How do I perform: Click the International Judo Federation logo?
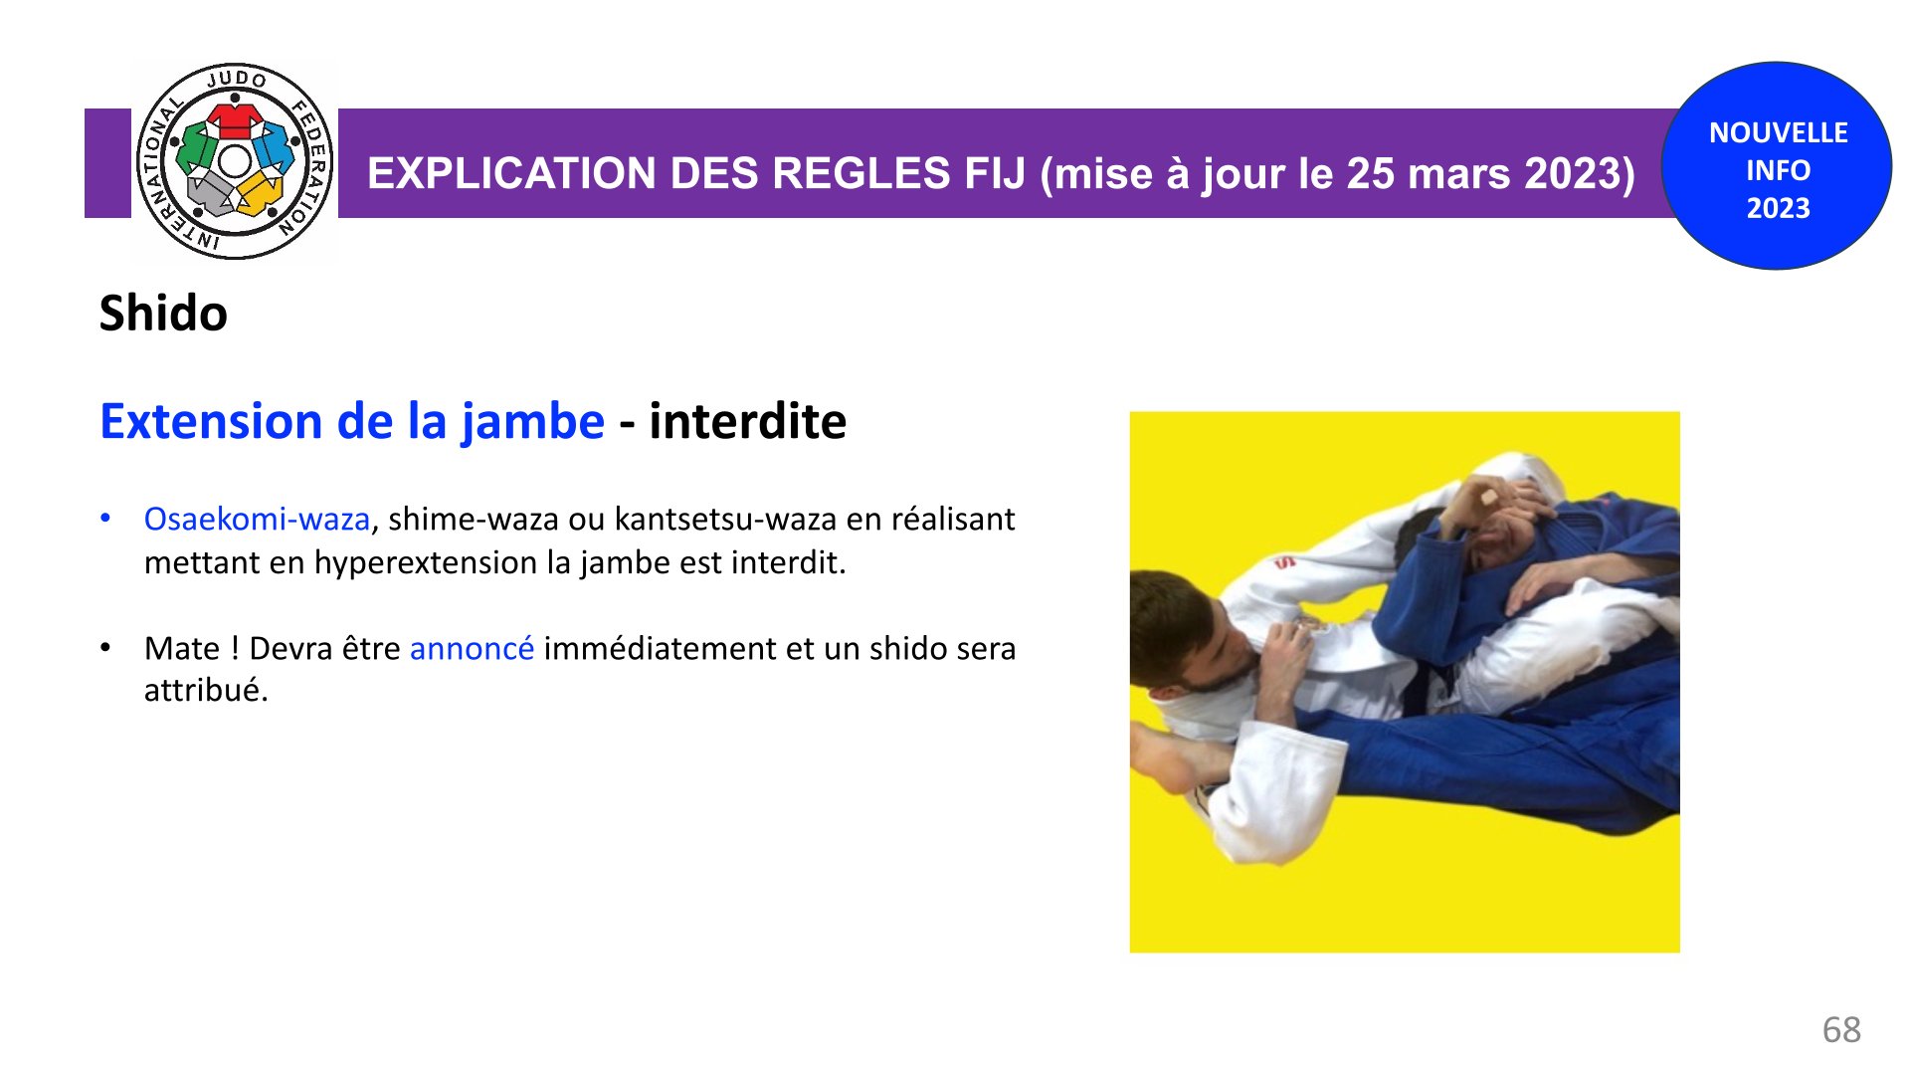coord(235,161)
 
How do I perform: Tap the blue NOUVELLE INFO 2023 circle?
coord(1778,166)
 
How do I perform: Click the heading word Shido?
coord(163,314)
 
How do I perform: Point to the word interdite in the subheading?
coord(747,421)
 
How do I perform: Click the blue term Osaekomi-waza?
coord(257,519)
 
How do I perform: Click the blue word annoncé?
coord(472,649)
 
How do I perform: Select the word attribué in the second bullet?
coord(206,690)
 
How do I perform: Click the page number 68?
coord(1841,1029)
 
